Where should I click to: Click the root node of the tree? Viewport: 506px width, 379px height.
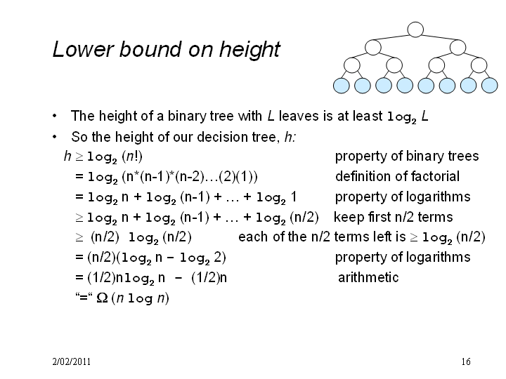click(x=415, y=29)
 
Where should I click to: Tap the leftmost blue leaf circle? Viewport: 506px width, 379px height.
click(x=341, y=86)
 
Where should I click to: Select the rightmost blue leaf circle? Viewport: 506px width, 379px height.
click(x=490, y=86)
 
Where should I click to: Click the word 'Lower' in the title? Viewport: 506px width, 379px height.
click(x=83, y=49)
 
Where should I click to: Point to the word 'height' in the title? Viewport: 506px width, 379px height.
click(x=249, y=50)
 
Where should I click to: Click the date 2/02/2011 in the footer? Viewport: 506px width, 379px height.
click(x=71, y=361)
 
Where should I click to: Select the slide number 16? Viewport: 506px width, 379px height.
click(x=466, y=361)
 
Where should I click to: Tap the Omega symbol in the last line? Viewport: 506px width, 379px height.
click(x=103, y=298)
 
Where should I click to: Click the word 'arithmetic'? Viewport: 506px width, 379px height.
click(x=368, y=277)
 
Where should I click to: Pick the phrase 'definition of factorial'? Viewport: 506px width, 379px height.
click(x=397, y=177)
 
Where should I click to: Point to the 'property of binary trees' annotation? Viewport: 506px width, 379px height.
click(x=407, y=157)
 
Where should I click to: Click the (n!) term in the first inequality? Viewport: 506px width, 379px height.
click(x=132, y=157)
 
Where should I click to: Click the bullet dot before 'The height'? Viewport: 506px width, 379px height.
click(x=55, y=116)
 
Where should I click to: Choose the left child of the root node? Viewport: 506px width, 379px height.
click(x=373, y=48)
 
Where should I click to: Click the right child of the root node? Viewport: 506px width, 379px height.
click(x=458, y=48)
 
